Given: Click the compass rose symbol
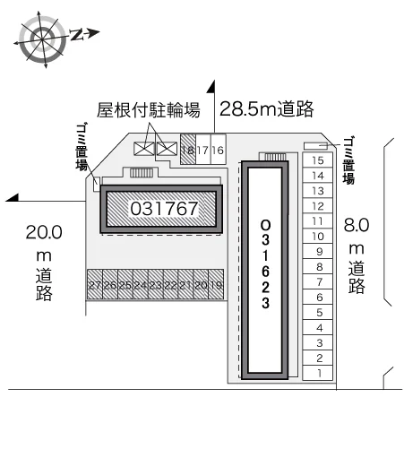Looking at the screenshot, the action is click(x=42, y=39).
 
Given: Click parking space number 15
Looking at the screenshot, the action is click(x=318, y=160).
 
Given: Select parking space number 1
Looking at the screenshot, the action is click(x=318, y=373).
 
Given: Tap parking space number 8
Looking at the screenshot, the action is click(x=318, y=266).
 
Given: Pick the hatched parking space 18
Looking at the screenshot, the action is click(x=188, y=150).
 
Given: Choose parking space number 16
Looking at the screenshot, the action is click(x=218, y=150).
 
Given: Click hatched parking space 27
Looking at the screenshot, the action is click(x=95, y=284).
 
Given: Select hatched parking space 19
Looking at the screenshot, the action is click(x=216, y=284).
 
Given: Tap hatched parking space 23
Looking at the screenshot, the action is click(x=156, y=284).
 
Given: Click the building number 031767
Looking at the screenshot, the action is click(x=164, y=209).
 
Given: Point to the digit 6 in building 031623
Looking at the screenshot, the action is click(x=265, y=272).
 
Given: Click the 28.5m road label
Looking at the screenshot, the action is click(x=267, y=108).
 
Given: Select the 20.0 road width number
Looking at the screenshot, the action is click(x=44, y=232).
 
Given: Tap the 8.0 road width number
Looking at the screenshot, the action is click(x=357, y=225).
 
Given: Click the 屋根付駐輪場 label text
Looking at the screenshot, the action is click(x=149, y=109).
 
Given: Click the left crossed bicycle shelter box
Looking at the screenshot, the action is click(x=144, y=149).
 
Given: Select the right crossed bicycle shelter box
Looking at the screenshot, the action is click(x=167, y=149).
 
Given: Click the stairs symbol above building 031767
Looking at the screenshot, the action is click(x=142, y=173).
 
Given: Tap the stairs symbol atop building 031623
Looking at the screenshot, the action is click(x=275, y=157).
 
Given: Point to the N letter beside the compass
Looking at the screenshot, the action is click(x=77, y=35).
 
